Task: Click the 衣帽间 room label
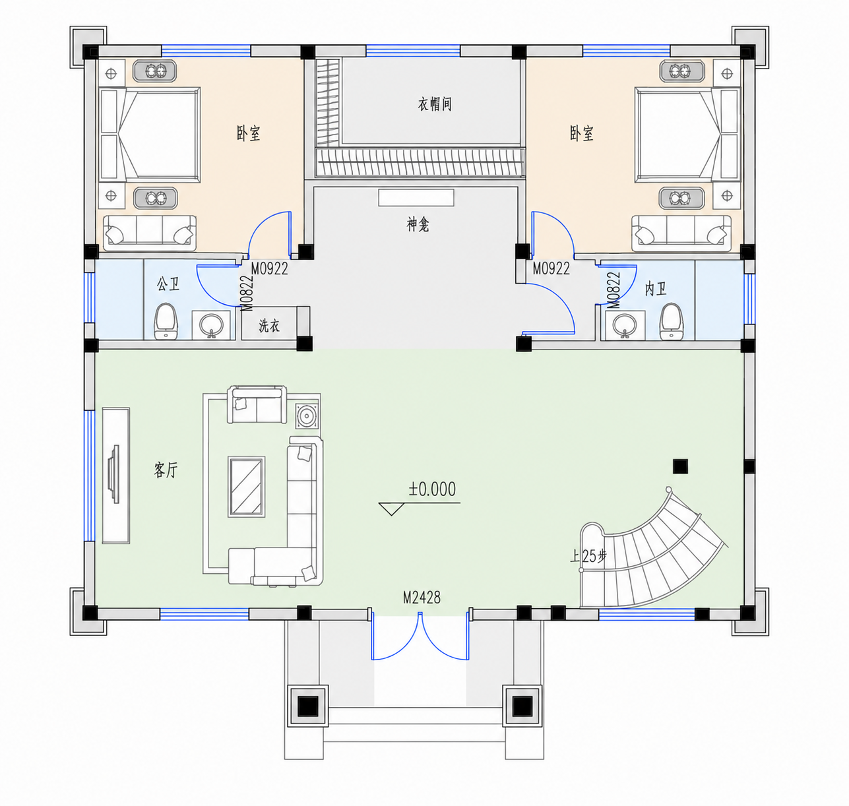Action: (x=435, y=104)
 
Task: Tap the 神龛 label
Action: (x=418, y=225)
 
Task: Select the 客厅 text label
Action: (x=166, y=470)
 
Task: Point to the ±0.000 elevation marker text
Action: (x=432, y=489)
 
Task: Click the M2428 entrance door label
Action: (x=422, y=598)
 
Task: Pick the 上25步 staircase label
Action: (x=588, y=556)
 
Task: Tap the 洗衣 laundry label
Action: (x=269, y=326)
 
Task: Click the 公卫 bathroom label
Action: (x=168, y=284)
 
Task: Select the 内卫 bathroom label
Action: (x=655, y=289)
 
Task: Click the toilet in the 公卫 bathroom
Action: (x=166, y=321)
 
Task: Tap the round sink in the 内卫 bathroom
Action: (x=625, y=324)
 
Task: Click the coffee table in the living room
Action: (x=247, y=486)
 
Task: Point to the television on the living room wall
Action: (x=115, y=475)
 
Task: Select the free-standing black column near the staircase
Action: (x=680, y=466)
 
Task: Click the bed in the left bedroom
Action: (x=150, y=135)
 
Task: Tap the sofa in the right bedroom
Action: (x=681, y=233)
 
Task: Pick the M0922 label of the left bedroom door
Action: (x=269, y=269)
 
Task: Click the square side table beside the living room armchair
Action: (x=307, y=416)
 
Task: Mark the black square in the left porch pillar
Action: (x=308, y=706)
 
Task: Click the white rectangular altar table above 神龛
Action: (x=416, y=197)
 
